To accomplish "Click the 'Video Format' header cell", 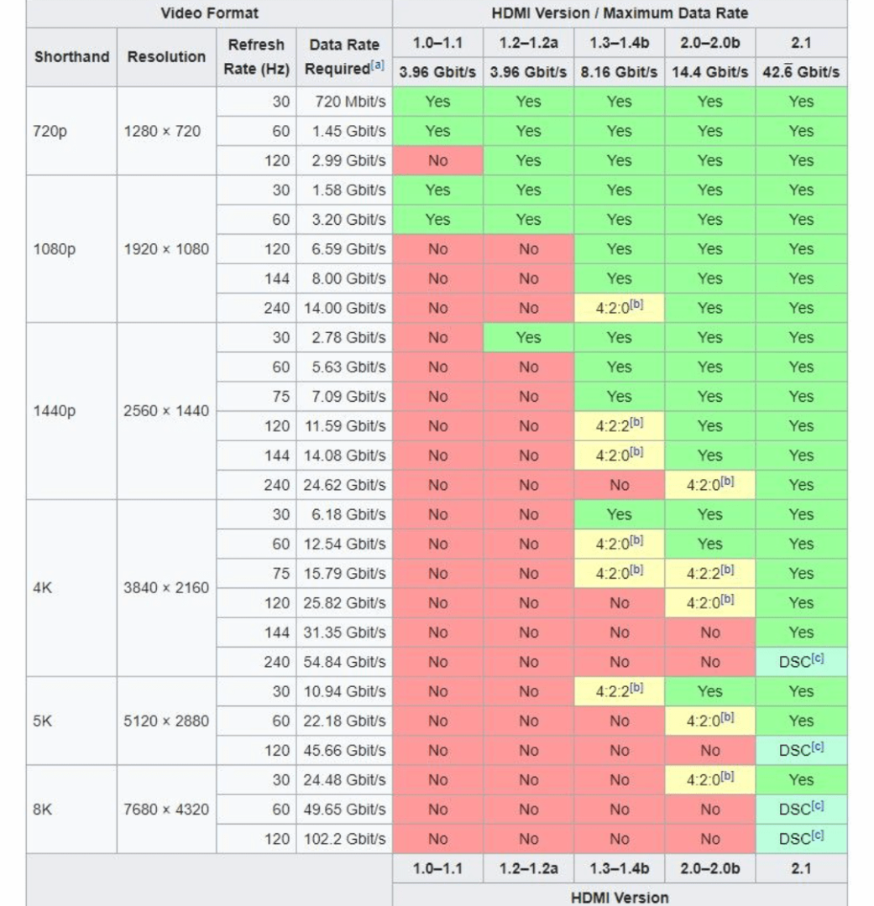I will [209, 13].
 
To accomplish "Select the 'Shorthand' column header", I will [71, 57].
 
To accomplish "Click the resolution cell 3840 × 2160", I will [166, 587].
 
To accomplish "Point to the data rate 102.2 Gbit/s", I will [348, 838].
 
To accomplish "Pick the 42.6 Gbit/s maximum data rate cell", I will [801, 72].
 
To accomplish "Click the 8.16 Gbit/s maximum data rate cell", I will [620, 72].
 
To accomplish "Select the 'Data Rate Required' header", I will [344, 57].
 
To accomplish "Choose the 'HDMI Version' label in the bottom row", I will [620, 897].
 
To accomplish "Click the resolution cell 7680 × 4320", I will [166, 810].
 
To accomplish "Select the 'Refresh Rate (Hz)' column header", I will [256, 57].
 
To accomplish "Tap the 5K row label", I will [42, 721].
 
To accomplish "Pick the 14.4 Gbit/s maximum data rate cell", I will [709, 72].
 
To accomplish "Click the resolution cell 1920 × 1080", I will [166, 249].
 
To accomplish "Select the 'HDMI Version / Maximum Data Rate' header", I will [620, 13].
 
